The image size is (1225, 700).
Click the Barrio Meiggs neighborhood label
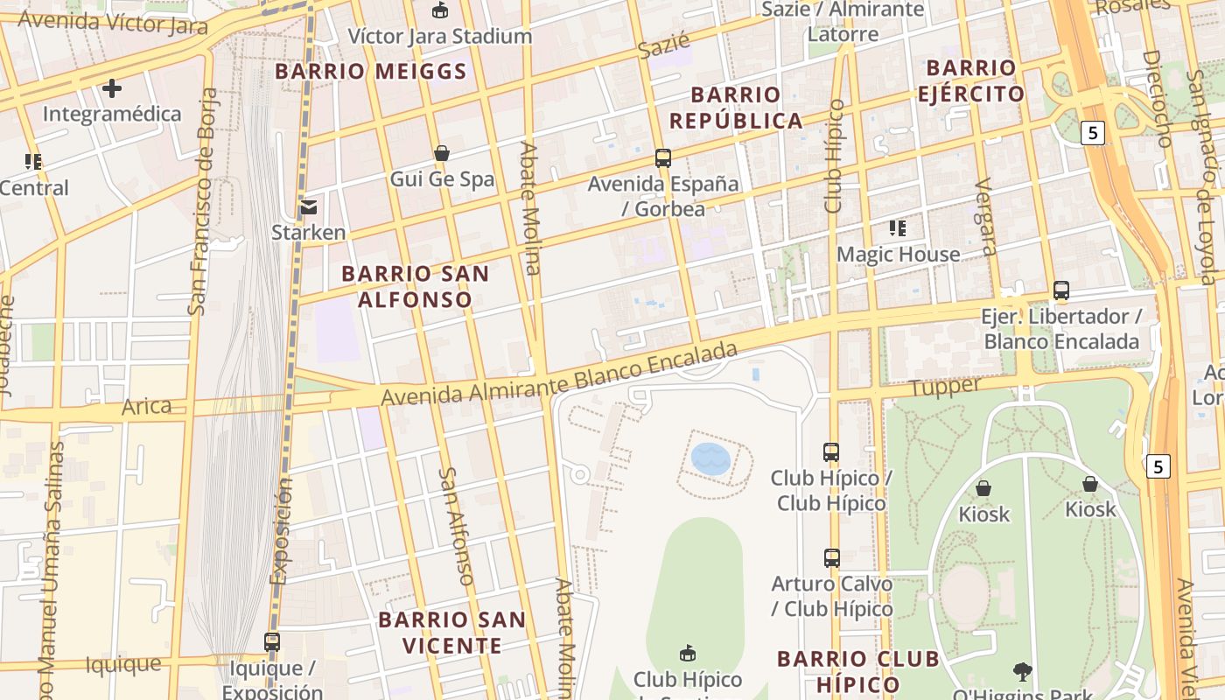(x=371, y=72)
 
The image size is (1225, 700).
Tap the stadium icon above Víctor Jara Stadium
(x=439, y=10)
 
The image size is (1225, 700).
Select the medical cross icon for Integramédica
(x=112, y=88)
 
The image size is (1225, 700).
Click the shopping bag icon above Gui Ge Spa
(x=442, y=153)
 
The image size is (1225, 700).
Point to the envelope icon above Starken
(x=309, y=207)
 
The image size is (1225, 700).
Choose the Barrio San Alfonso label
(x=415, y=286)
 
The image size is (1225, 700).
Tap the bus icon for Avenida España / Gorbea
(x=663, y=158)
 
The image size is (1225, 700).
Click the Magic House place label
(x=899, y=255)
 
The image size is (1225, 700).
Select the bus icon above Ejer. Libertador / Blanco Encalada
(x=1061, y=290)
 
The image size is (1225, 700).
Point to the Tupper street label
(x=945, y=386)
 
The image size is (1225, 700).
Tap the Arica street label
(x=146, y=406)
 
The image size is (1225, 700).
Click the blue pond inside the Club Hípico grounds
(x=710, y=458)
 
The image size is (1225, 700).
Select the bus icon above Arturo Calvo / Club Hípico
(x=831, y=557)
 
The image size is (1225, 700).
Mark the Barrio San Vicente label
(x=452, y=633)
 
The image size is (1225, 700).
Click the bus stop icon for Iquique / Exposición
(x=272, y=641)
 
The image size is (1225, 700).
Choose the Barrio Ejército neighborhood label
(x=971, y=80)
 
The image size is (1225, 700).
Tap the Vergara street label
(x=986, y=216)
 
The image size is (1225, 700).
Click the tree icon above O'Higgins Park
(x=1022, y=672)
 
